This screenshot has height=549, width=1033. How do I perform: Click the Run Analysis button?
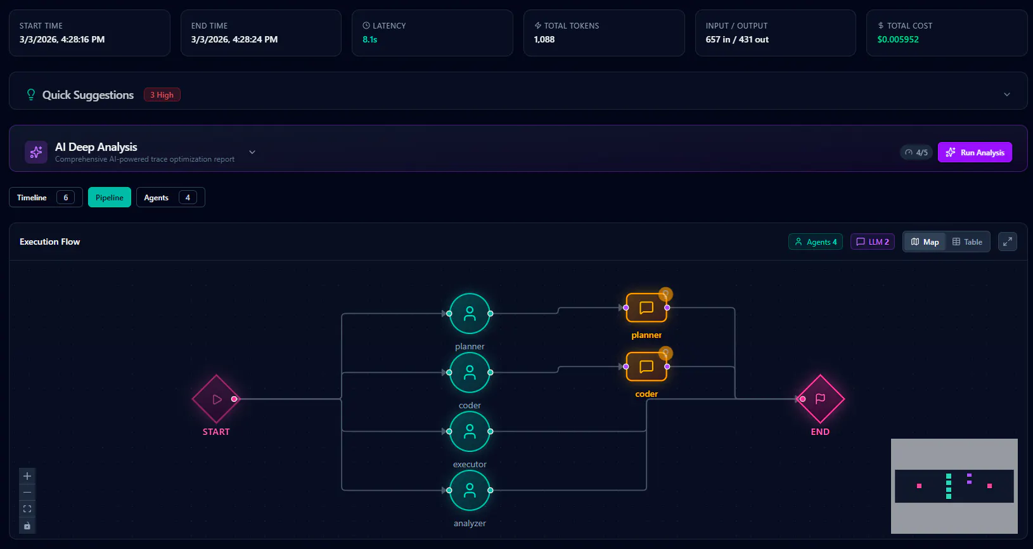tap(975, 152)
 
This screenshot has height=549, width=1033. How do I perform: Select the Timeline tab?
tap(46, 197)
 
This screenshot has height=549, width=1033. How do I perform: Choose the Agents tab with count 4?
tap(170, 197)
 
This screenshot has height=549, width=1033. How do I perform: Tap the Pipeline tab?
tap(109, 197)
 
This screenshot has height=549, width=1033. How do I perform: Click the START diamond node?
tap(216, 399)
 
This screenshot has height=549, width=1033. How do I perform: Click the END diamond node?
tap(821, 399)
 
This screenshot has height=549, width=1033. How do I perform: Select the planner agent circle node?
tap(470, 314)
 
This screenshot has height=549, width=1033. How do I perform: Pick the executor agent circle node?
tap(470, 431)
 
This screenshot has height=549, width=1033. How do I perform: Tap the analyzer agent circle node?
tap(470, 491)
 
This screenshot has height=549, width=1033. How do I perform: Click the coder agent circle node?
tap(470, 372)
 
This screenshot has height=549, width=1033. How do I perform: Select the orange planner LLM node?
tap(646, 307)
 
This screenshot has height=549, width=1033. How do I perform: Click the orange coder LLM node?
tap(646, 367)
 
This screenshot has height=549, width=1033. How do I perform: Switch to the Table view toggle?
tap(967, 242)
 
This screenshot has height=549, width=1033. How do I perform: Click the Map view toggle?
tap(925, 242)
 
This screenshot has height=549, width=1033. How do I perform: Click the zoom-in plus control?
tap(27, 476)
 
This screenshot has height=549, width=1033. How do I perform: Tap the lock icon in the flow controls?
tap(27, 526)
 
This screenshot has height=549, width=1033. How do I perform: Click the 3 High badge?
tap(162, 94)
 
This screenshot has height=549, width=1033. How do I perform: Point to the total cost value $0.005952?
tap(898, 40)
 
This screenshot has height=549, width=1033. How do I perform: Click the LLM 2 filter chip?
tap(873, 242)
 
